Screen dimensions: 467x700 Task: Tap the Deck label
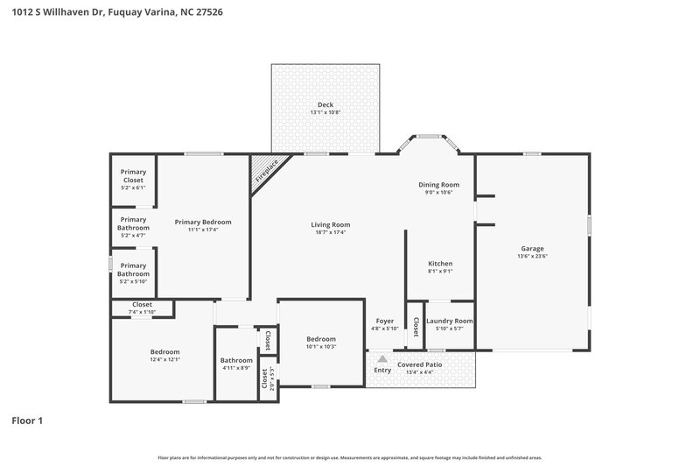click(x=325, y=104)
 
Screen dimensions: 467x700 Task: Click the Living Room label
click(x=330, y=224)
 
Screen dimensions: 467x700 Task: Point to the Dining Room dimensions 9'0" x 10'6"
click(x=438, y=193)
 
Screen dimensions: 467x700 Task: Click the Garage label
click(x=532, y=248)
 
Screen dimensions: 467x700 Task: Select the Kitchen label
click(x=439, y=263)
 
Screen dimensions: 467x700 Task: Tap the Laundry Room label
click(x=450, y=321)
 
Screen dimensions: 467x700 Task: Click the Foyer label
click(x=385, y=321)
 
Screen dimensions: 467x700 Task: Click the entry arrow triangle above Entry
click(x=382, y=358)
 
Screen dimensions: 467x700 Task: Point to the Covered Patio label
click(x=420, y=364)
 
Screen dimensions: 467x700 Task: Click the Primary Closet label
click(x=133, y=176)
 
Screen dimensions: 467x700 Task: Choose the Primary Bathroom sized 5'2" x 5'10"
click(x=133, y=269)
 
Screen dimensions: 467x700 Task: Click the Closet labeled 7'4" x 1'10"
click(x=142, y=305)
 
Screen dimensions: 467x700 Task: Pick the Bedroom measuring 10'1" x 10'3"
click(x=321, y=339)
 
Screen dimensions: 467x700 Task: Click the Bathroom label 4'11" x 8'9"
click(x=236, y=360)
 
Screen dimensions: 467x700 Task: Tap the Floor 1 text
click(x=26, y=421)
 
